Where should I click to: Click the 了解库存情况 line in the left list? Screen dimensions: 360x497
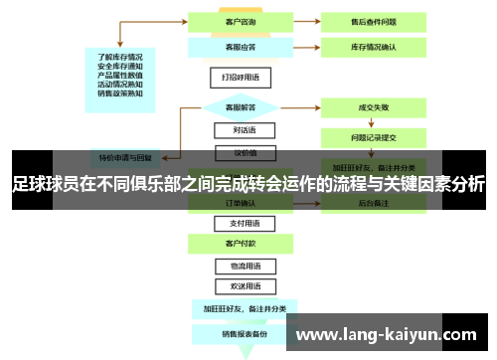[121, 56]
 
